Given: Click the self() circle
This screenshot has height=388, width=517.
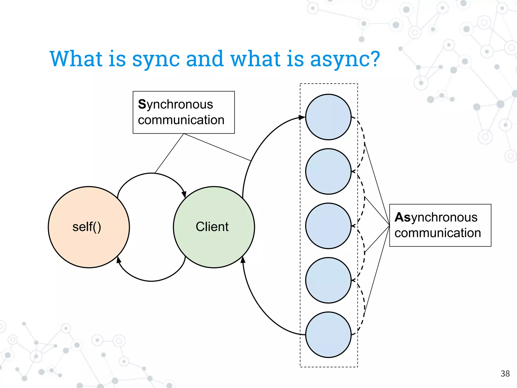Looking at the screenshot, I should pos(89,227).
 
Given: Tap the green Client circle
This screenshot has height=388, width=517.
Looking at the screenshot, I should pos(214,227).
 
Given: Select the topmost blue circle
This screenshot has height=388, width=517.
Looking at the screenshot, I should pos(328,117).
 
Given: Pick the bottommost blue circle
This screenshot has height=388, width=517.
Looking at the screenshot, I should pos(328,335).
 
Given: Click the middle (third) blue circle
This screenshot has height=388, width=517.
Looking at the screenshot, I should pos(328,226).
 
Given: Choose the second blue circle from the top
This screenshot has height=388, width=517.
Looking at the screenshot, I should pos(328,172).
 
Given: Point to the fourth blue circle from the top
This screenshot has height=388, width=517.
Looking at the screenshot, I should pos(328,280).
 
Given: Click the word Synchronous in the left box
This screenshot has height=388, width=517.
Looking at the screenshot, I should pos(175,105).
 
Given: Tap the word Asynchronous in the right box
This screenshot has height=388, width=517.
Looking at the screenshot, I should pos(436,217).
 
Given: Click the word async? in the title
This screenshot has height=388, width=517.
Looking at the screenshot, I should pos(345,59).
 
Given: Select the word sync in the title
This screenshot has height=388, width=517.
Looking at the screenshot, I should pos(156,59).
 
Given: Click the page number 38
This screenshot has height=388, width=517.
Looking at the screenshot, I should pos(505,374).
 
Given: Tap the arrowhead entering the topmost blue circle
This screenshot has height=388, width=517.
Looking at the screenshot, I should pos(302,117).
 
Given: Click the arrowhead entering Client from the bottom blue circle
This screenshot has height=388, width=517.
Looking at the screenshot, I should pos(243,260).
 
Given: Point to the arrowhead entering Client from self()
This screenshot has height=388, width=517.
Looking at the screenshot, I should pos(184,194).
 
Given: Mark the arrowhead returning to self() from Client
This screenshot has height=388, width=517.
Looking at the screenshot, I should pos(118,259).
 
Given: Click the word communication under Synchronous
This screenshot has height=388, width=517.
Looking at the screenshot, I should pos(181,120).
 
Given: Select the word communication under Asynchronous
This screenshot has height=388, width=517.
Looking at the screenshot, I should pos(438,233).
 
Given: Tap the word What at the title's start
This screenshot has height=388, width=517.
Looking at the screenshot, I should pos(76,59).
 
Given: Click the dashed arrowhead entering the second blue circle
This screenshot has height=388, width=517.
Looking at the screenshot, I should pos(353,172).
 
